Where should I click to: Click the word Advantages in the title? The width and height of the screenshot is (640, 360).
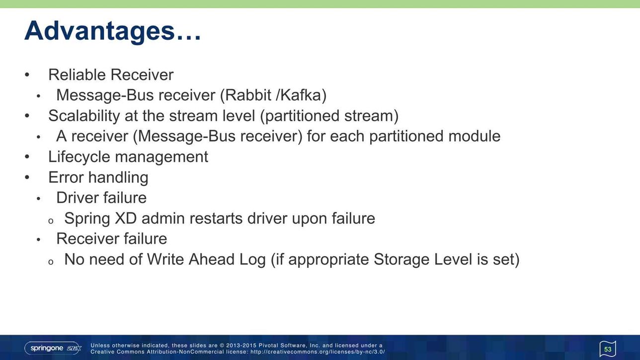99,31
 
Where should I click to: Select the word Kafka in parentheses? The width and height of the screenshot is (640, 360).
302,95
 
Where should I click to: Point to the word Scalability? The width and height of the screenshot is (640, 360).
84,116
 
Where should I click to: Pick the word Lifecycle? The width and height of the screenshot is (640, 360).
79,157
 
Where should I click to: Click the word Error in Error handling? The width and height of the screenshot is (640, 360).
66,177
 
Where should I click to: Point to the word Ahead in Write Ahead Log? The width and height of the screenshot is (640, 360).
212,260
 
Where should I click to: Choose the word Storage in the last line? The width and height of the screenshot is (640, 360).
401,260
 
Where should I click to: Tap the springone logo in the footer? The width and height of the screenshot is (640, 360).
53,348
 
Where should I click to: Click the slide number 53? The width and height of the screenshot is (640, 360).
608,350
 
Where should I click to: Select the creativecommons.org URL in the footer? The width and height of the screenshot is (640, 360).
318,352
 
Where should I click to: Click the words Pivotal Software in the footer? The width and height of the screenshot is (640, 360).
283,346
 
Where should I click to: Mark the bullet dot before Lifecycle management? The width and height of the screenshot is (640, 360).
27,157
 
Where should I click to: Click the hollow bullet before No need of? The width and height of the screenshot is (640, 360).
51,262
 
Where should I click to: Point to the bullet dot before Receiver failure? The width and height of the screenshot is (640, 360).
39,240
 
